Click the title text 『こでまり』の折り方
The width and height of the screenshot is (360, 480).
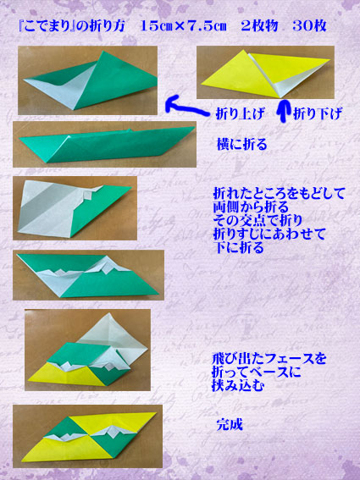(71, 26)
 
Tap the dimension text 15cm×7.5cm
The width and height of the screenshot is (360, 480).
(183, 26)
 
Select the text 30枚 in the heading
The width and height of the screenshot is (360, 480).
(309, 26)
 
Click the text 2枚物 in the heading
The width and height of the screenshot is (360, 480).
(259, 26)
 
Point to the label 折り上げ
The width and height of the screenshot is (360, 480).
(240, 114)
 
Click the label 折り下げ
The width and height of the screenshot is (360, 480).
(317, 114)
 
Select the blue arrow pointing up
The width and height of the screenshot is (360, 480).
(284, 111)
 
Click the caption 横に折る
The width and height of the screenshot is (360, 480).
(242, 144)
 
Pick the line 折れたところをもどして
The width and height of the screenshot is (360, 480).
(279, 194)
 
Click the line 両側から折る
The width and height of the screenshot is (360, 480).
(251, 207)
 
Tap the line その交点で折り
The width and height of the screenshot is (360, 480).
(258, 220)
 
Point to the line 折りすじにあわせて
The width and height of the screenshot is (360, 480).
(269, 234)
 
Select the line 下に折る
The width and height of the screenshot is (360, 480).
(238, 247)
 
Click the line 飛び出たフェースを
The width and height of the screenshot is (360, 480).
(269, 358)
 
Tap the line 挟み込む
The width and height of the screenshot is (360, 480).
(238, 386)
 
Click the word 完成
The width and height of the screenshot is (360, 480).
(230, 425)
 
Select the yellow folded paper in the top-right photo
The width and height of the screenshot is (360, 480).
(265, 74)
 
